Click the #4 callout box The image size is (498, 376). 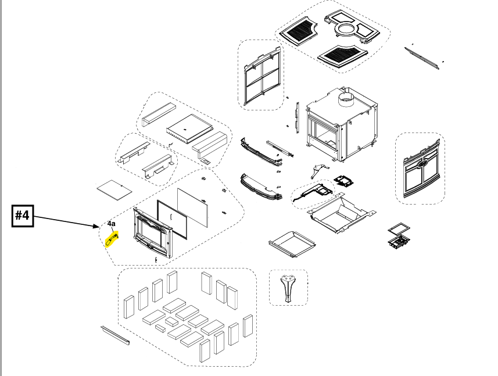pyautogui.click(x=23, y=215)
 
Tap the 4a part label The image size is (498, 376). pyautogui.click(x=111, y=223)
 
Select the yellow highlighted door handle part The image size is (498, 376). pyautogui.click(x=111, y=239)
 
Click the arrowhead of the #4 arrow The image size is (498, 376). pyautogui.click(x=99, y=227)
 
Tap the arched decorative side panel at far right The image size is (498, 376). pyautogui.click(x=420, y=169)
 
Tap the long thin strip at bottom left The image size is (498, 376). pyautogui.click(x=115, y=335)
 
